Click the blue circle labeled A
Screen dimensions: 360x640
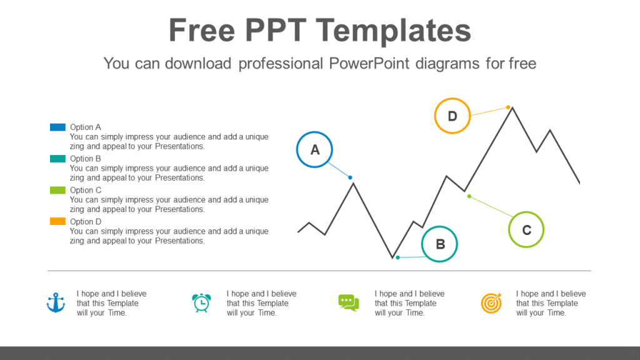pyautogui.click(x=314, y=150)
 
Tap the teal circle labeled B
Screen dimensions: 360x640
pyautogui.click(x=440, y=244)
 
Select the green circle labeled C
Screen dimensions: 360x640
pyautogui.click(x=526, y=230)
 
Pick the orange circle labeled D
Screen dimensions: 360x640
pyautogui.click(x=452, y=116)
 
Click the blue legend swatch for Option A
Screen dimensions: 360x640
pyautogui.click(x=57, y=127)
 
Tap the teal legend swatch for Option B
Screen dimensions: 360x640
pyautogui.click(x=57, y=159)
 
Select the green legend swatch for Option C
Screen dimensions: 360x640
pyautogui.click(x=57, y=190)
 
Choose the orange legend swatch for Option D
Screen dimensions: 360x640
pyautogui.click(x=57, y=221)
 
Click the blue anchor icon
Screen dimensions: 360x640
pyautogui.click(x=56, y=303)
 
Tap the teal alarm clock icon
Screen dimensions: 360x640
pyautogui.click(x=201, y=303)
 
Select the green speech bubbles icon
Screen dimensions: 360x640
pyautogui.click(x=348, y=302)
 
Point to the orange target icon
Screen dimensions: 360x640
pyautogui.click(x=491, y=303)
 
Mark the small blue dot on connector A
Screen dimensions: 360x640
pyautogui.click(x=350, y=178)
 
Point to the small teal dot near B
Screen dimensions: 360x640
pyautogui.click(x=397, y=257)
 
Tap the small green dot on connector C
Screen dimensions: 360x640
pyautogui.click(x=469, y=196)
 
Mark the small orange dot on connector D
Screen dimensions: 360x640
pyautogui.click(x=508, y=107)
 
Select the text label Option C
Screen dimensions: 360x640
pyautogui.click(x=86, y=190)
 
